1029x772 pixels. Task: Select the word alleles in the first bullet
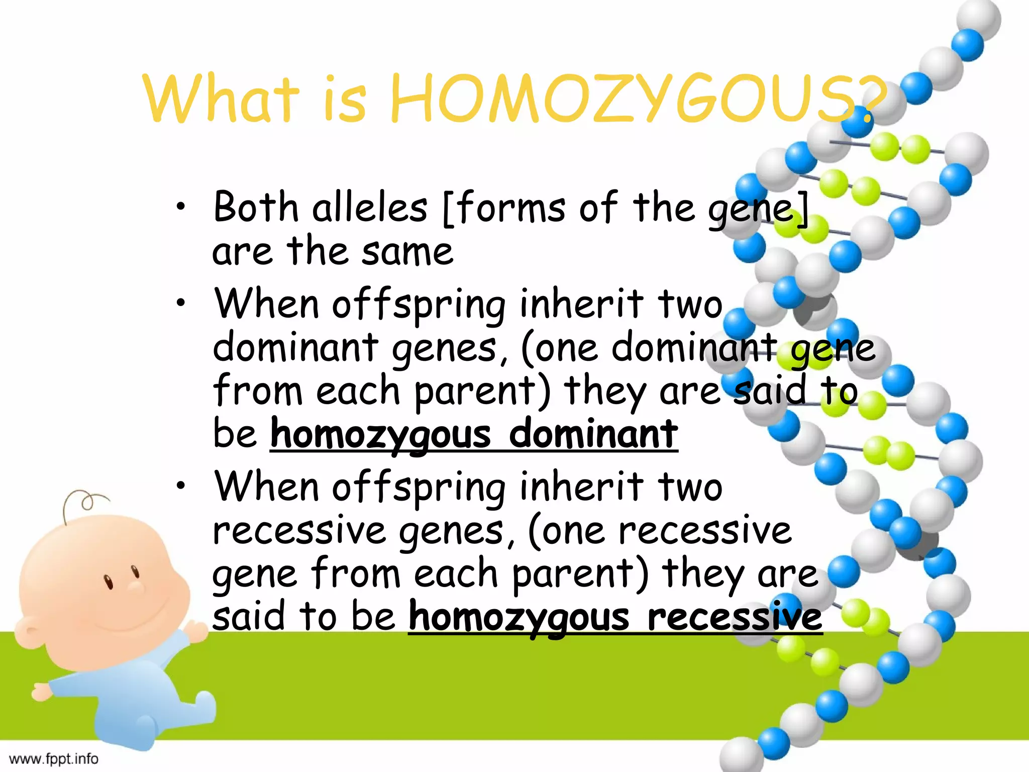369,207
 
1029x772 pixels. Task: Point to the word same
407,251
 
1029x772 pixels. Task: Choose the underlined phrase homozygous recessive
615,617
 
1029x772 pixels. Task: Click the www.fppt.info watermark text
53,758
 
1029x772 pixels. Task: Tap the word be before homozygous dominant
235,434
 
